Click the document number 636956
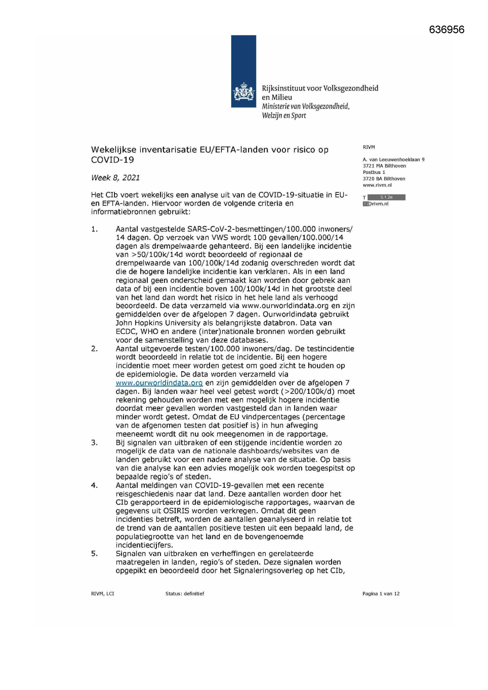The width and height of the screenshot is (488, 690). (x=446, y=30)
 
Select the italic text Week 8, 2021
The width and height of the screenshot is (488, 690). (x=115, y=178)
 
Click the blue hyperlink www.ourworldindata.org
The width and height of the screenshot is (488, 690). (x=159, y=383)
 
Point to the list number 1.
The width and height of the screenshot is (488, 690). (x=94, y=229)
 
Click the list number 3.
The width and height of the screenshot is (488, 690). (x=94, y=443)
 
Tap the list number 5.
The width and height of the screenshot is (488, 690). (x=94, y=553)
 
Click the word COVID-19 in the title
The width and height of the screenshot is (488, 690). (x=112, y=160)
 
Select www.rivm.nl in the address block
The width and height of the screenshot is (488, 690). (x=377, y=185)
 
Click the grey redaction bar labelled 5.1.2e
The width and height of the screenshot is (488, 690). (x=386, y=197)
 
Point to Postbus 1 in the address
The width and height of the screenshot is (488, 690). (x=374, y=172)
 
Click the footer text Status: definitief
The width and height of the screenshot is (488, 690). (x=184, y=594)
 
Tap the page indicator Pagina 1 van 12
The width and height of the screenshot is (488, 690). (x=381, y=594)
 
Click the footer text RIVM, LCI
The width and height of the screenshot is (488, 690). (x=102, y=594)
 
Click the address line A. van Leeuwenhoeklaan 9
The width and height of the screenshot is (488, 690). (x=393, y=160)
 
